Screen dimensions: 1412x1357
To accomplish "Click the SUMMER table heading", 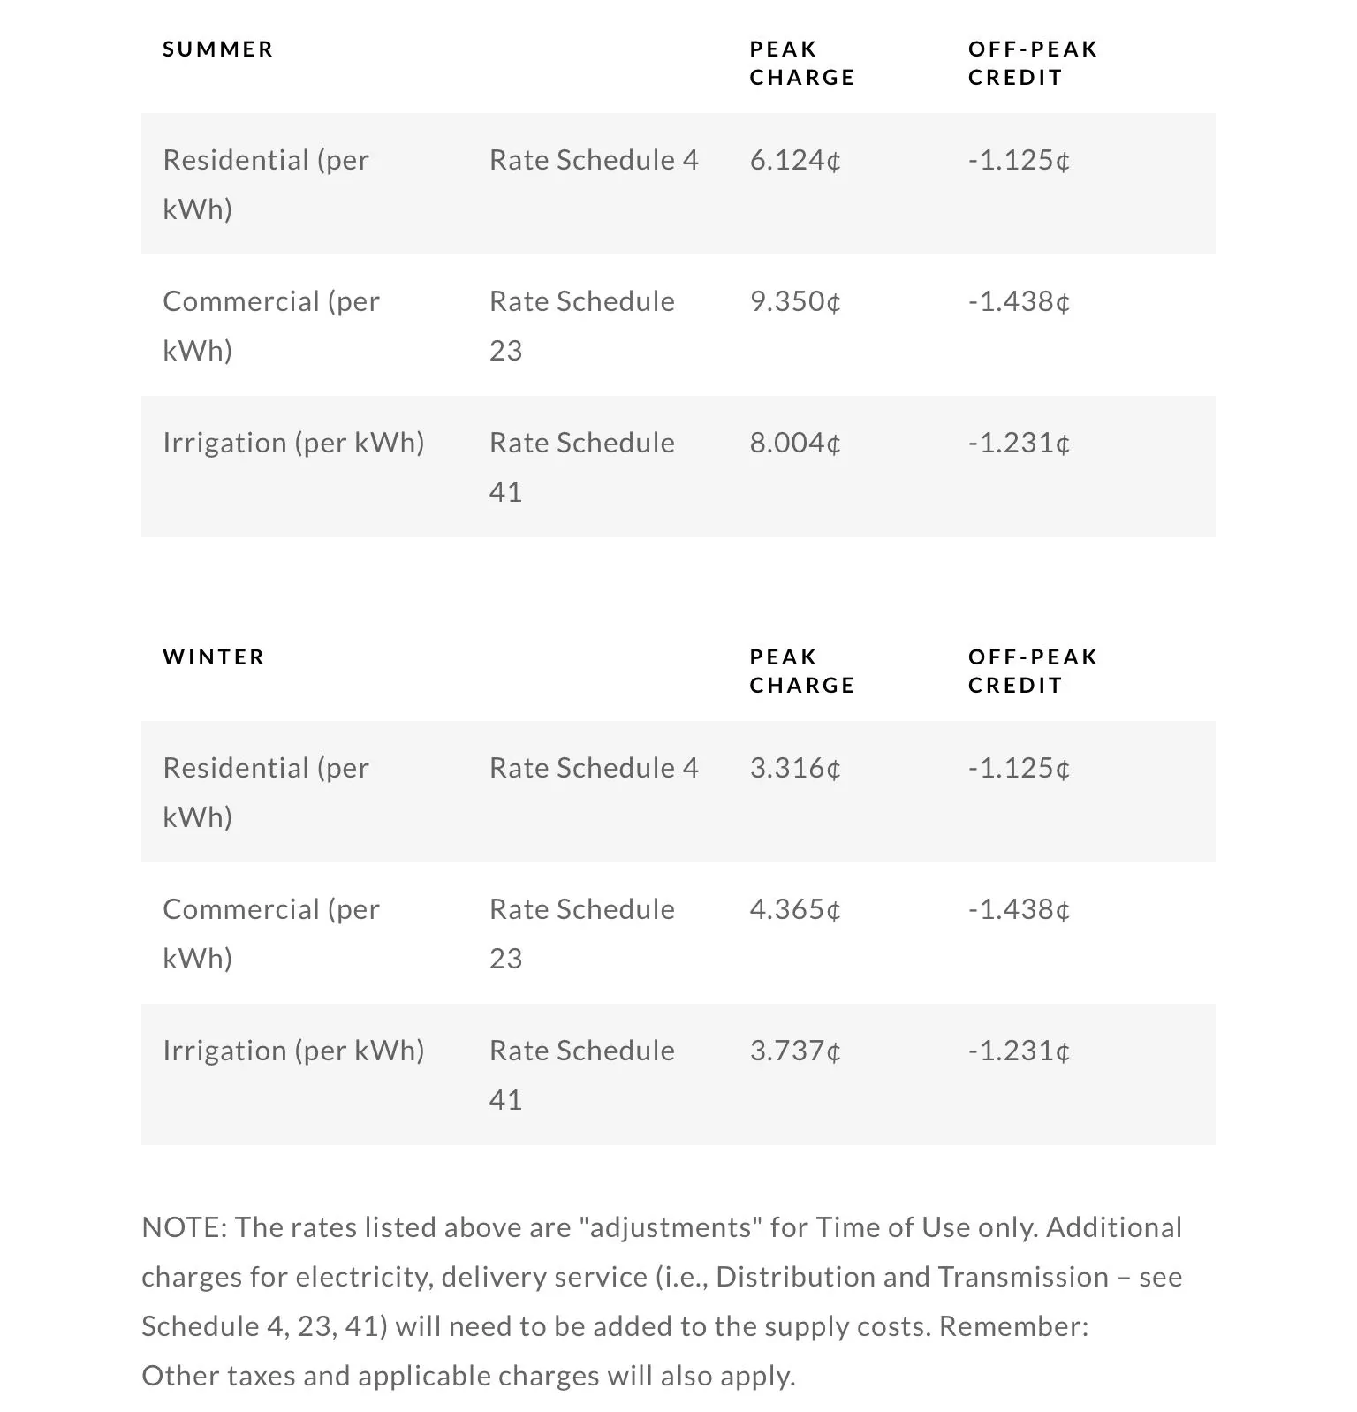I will [x=217, y=49].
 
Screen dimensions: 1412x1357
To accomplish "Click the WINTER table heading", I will [x=214, y=657].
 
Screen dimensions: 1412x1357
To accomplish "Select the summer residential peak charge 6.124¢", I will [x=794, y=161].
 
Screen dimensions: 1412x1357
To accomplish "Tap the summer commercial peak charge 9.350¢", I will [x=794, y=302].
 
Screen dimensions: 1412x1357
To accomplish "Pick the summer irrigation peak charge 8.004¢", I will [x=794, y=444].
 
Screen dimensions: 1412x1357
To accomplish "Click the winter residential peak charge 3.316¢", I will [x=794, y=769].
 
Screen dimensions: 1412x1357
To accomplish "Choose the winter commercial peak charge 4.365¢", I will [x=794, y=910].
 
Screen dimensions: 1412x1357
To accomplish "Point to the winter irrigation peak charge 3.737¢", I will [x=794, y=1051].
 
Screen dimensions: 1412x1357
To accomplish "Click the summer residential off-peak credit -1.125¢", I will [x=1019, y=161].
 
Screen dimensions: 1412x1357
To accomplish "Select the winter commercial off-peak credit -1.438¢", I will [x=1019, y=910].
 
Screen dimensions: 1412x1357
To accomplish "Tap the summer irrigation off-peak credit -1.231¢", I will [x=1019, y=444].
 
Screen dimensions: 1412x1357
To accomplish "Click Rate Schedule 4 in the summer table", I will [x=594, y=161].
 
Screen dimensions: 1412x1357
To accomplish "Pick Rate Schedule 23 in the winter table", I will [x=581, y=933].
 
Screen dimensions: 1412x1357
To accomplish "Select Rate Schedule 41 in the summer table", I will [x=581, y=467].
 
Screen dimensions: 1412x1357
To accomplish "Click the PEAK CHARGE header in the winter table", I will [x=801, y=672].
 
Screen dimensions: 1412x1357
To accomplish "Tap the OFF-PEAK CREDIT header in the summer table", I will [x=1032, y=64].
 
